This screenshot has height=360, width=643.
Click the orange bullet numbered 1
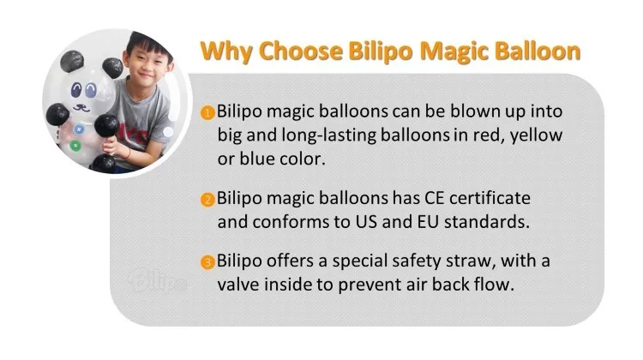click(207, 114)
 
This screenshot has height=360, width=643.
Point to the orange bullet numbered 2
click(207, 201)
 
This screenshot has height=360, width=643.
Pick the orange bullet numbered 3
click(207, 262)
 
